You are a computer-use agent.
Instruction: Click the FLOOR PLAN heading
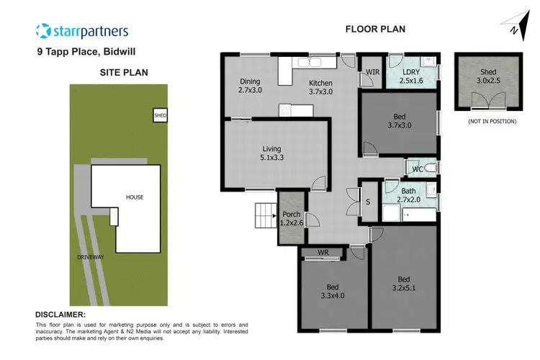click(x=375, y=30)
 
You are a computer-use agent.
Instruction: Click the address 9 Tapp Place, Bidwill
click(x=86, y=52)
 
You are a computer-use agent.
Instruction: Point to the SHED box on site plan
click(x=159, y=115)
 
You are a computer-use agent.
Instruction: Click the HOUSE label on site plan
click(x=135, y=197)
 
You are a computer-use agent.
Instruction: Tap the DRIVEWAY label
click(x=92, y=256)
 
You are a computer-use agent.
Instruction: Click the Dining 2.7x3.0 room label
click(x=249, y=86)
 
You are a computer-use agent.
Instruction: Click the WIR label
click(x=372, y=72)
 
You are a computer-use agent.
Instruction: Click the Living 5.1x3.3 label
click(x=272, y=154)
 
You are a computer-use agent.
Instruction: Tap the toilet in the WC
click(x=431, y=168)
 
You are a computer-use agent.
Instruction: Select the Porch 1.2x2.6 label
click(x=292, y=219)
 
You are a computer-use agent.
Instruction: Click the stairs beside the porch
click(x=264, y=214)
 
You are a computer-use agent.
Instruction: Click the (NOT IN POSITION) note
click(x=492, y=121)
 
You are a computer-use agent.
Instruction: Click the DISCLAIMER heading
click(x=60, y=315)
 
